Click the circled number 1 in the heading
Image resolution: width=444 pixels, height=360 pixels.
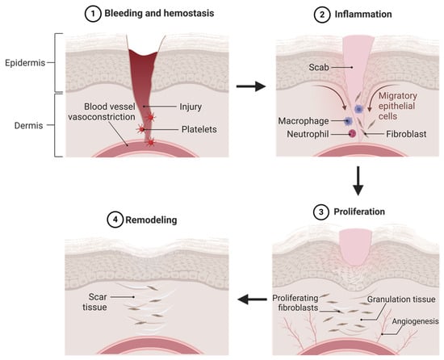98,13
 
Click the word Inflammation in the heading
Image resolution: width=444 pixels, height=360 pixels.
361,13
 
